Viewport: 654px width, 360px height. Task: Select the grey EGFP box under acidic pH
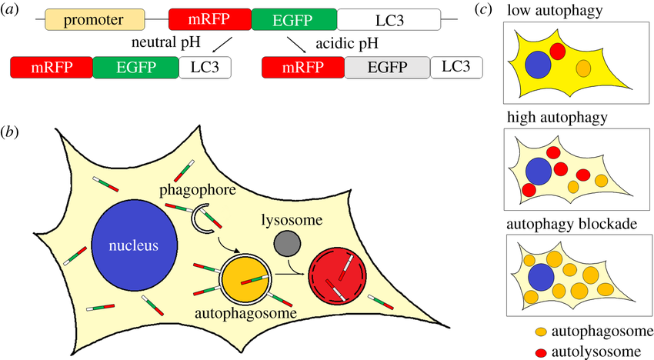387,68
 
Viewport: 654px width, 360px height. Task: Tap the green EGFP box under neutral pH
135,68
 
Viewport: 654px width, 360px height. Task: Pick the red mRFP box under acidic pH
303,68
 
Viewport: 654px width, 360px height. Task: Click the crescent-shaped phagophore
205,222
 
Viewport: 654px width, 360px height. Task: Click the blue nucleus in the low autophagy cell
539,65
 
